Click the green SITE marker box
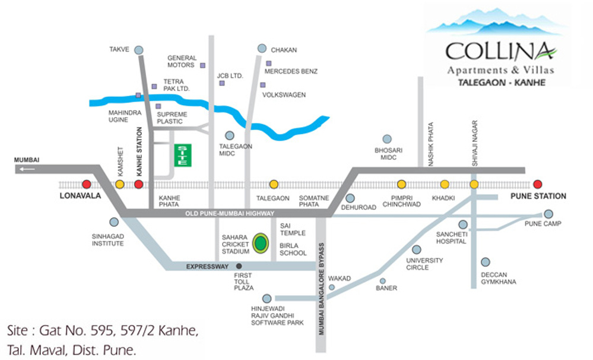(182, 155)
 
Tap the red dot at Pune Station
(538, 184)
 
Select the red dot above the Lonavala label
(87, 184)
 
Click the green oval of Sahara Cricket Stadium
(259, 243)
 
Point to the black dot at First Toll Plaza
(239, 266)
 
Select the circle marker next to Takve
(139, 50)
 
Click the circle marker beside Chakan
(262, 48)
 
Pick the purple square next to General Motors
(202, 65)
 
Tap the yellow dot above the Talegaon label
(274, 184)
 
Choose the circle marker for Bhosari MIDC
(387, 139)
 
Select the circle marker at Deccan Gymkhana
(486, 262)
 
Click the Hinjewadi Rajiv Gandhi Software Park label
(277, 314)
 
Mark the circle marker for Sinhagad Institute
(114, 222)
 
